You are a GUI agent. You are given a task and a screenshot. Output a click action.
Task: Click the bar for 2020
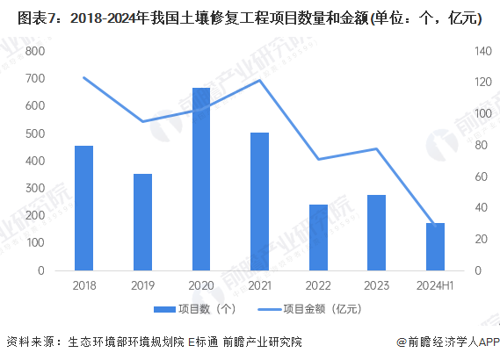(x=201, y=179)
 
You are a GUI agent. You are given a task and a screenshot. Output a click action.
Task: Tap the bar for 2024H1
(x=436, y=247)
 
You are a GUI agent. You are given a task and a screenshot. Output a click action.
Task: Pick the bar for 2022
(x=318, y=237)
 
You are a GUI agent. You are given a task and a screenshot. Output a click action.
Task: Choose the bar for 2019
(x=142, y=222)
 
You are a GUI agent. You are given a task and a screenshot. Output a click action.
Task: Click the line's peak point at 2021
(x=260, y=81)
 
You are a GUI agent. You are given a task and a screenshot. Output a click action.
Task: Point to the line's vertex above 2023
(x=377, y=148)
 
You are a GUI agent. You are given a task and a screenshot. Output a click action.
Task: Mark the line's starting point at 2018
(x=84, y=77)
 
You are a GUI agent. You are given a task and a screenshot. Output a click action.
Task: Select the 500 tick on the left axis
(x=34, y=134)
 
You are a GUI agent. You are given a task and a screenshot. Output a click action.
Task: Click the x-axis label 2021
(x=260, y=285)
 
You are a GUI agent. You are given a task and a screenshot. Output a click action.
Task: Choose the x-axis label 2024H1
(x=436, y=285)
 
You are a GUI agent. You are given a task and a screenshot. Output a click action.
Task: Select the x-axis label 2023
(x=377, y=285)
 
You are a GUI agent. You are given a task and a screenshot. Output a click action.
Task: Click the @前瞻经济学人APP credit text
(x=447, y=342)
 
